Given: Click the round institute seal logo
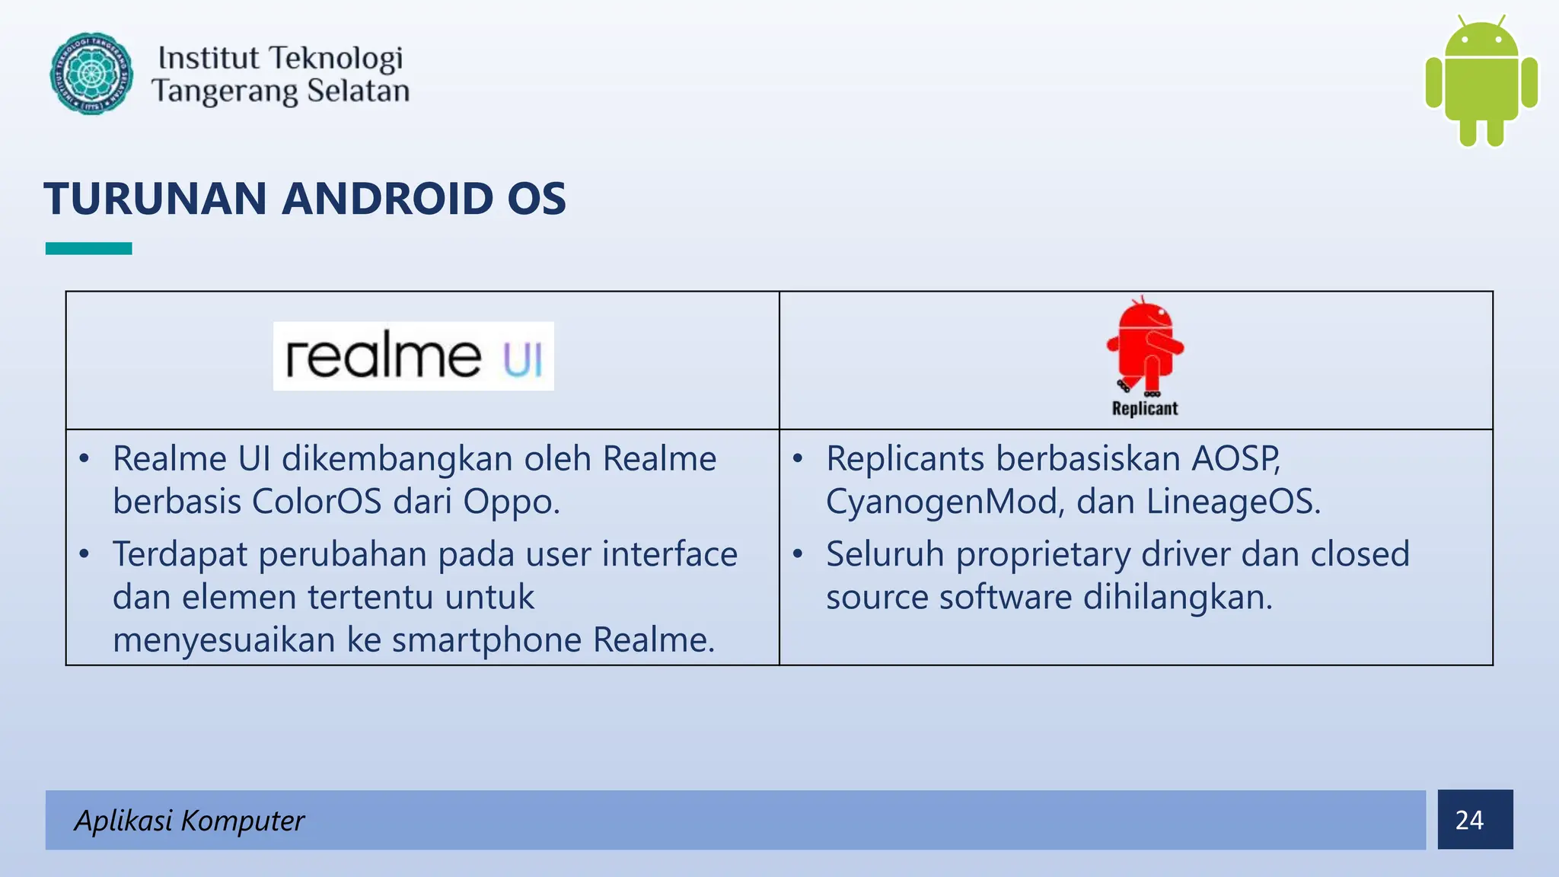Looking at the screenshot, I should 91,74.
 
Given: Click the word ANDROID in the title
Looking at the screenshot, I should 387,199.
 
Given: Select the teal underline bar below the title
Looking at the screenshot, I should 88,248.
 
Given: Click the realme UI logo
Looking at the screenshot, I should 413,356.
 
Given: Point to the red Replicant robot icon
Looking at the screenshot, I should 1145,346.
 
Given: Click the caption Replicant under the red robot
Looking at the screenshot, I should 1144,409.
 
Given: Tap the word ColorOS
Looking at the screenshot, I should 316,502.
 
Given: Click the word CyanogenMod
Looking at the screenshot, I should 944,502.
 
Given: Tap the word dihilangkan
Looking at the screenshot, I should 1178,598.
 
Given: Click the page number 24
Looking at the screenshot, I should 1469,820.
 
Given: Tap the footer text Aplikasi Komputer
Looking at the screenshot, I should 189,820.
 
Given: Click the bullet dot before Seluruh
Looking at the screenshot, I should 797,553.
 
